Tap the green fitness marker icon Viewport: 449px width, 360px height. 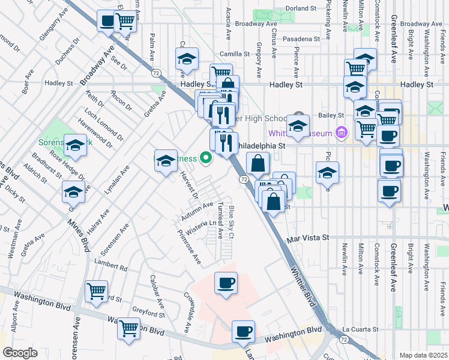click(206, 159)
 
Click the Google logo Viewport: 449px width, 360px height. click(20, 353)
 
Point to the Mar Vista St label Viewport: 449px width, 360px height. click(309, 238)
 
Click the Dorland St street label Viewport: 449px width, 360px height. click(300, 8)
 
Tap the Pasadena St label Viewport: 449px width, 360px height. click(303, 38)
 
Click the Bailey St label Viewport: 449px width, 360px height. click(332, 115)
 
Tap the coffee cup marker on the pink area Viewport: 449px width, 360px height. click(226, 283)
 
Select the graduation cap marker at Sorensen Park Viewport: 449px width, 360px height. click(76, 145)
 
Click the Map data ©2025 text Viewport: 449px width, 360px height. click(424, 355)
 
